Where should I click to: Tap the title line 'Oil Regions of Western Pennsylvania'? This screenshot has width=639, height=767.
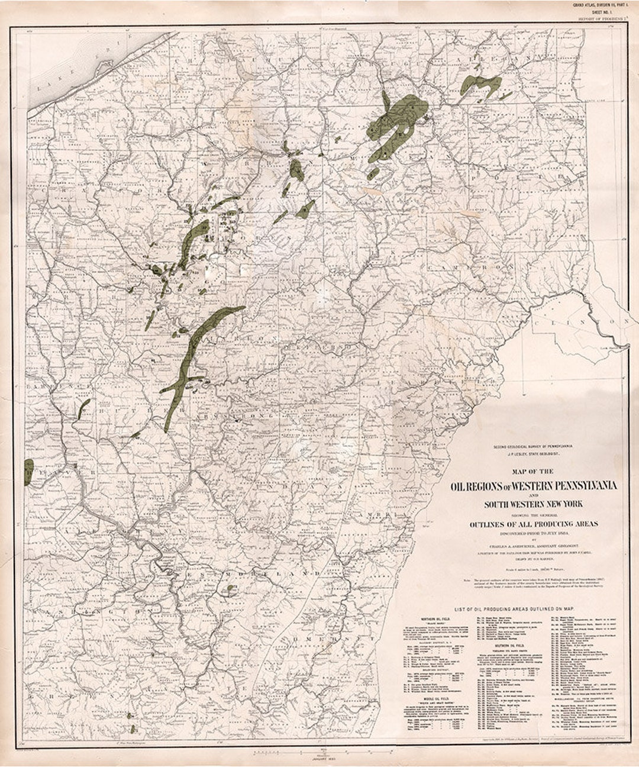click(534, 486)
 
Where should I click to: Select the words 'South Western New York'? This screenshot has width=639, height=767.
click(534, 504)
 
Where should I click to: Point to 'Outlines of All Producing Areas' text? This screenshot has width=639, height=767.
click(534, 524)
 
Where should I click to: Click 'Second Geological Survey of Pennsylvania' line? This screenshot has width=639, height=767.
click(534, 446)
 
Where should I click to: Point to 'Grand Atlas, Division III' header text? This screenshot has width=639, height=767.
click(603, 5)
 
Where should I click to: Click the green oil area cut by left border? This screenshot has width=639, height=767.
click(28, 472)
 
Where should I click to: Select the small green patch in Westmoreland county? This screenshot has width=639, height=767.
click(230, 589)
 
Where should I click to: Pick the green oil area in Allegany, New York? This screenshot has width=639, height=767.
click(482, 84)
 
